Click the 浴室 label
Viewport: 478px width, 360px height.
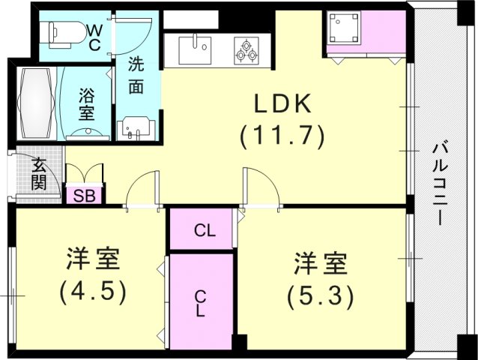click(x=87, y=104)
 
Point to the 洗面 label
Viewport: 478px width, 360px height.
click(x=136, y=74)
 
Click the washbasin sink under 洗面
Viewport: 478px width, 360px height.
click(x=135, y=127)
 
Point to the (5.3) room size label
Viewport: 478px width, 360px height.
click(x=320, y=296)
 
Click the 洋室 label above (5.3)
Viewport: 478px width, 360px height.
click(x=320, y=264)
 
